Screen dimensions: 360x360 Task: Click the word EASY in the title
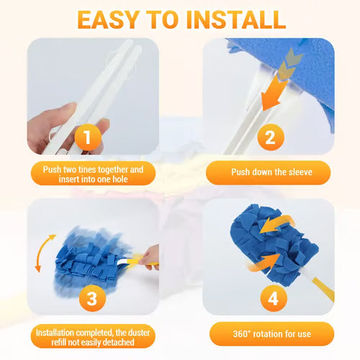pyautogui.click(x=114, y=19)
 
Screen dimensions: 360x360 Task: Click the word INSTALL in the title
pyautogui.click(x=236, y=19)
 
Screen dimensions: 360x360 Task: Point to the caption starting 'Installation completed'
pyautogui.click(x=91, y=334)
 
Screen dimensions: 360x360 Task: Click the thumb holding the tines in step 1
pyautogui.click(x=63, y=115)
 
